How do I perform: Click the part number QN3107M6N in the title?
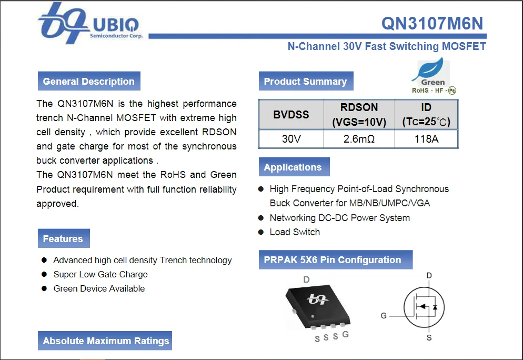431,23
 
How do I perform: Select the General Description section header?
88,82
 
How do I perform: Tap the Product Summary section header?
305,82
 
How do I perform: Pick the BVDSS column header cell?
291,114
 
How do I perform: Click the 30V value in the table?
291,139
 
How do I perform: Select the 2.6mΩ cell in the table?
359,139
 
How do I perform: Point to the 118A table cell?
426,139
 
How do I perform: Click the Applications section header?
293,167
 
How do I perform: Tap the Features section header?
63,239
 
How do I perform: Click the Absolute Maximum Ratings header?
106,341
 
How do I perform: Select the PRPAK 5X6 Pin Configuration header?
333,260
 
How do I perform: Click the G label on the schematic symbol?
384,316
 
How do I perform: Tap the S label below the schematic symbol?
429,337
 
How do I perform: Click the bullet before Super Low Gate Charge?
44,274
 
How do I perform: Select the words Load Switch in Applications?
295,232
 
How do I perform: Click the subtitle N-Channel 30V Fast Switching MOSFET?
386,46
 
